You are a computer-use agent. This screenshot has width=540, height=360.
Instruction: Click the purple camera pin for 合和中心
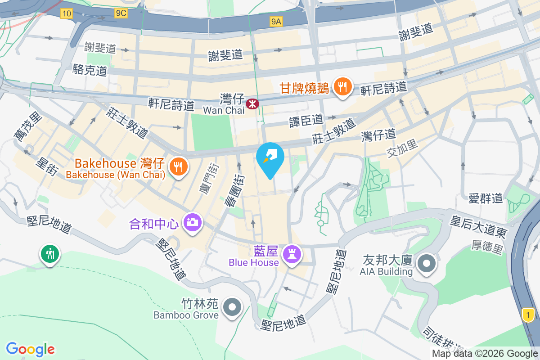tap(193, 222)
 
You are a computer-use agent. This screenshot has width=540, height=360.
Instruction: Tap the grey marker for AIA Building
tap(426, 263)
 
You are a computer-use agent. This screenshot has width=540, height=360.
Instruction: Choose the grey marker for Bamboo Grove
tap(232, 308)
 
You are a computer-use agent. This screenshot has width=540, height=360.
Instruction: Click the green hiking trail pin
tap(49, 254)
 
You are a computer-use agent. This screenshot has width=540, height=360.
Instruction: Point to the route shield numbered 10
tap(67, 14)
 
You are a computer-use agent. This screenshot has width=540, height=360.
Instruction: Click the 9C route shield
tap(121, 14)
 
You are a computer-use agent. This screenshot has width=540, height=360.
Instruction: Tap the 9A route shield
tap(276, 21)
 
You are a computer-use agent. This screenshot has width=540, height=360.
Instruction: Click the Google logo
tap(30, 349)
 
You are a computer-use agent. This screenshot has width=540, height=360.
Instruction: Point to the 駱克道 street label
tap(90, 70)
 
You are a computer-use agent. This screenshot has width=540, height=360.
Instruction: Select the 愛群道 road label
tap(485, 198)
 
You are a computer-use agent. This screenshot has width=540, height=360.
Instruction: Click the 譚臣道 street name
tap(306, 120)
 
